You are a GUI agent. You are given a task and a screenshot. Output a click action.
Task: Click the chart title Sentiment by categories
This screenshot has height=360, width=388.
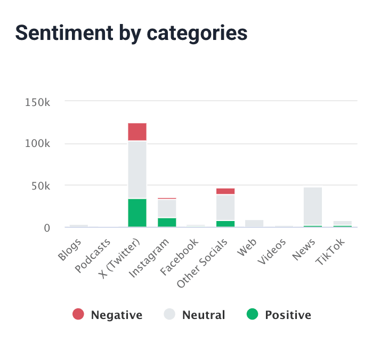(x=131, y=33)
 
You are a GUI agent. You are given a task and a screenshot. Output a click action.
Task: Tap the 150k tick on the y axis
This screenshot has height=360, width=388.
(x=37, y=102)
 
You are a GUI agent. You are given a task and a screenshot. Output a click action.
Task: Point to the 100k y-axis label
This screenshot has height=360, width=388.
(x=37, y=144)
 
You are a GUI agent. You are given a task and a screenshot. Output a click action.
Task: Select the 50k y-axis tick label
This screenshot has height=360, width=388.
(x=40, y=186)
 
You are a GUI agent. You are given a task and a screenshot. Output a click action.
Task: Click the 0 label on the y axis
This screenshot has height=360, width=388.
(x=47, y=228)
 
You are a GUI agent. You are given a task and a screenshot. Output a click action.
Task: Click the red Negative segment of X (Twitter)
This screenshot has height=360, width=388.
(x=137, y=132)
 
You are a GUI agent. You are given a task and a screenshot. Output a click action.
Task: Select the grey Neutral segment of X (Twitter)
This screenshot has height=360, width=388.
(x=137, y=169)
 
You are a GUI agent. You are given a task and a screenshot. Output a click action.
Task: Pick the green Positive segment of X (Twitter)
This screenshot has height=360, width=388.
(x=137, y=213)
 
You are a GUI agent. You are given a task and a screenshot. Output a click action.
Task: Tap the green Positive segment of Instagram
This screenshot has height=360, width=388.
(x=167, y=222)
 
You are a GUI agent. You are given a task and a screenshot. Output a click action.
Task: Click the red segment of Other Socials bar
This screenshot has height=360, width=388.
(x=225, y=191)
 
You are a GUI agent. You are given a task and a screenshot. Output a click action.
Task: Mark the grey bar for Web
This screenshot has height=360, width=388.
(x=254, y=224)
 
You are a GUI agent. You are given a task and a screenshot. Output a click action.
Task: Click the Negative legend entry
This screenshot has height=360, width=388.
(x=108, y=315)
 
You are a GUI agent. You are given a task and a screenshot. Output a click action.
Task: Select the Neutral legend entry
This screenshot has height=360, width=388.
(x=195, y=315)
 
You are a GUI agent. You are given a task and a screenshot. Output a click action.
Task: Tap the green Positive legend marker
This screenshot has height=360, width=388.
(x=253, y=315)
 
